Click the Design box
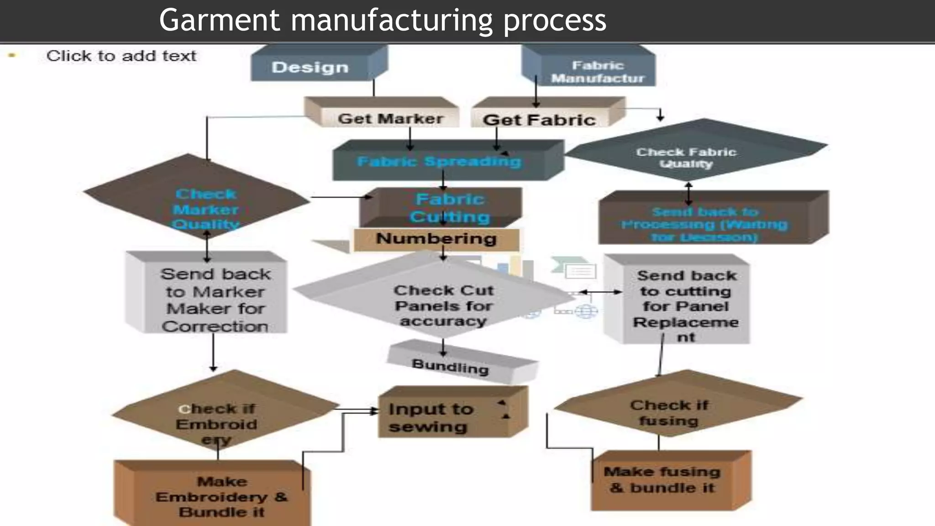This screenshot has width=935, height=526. pos(310,67)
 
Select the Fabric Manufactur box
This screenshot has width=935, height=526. pos(597,72)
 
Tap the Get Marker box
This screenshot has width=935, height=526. pos(390,118)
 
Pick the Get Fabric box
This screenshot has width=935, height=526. pos(539,120)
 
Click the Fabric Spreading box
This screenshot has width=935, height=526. pos(439,162)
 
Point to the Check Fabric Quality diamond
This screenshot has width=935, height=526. pos(686,157)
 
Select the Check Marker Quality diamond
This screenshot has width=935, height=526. pos(205,209)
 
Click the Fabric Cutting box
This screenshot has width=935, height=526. pos(450,208)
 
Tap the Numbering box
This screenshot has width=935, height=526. pos(436,239)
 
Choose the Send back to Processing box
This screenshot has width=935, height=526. pos(704,224)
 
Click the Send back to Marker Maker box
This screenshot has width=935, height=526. pos(215,300)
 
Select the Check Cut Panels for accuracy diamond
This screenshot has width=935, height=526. pos(443,305)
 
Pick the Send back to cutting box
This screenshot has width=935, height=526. pos(686,305)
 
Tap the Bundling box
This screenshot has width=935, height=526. pos(450,366)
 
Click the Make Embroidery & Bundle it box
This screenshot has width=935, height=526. pos(221,496)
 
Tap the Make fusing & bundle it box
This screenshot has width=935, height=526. pos(662,479)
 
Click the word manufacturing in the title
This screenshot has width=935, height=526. pos(392,21)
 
